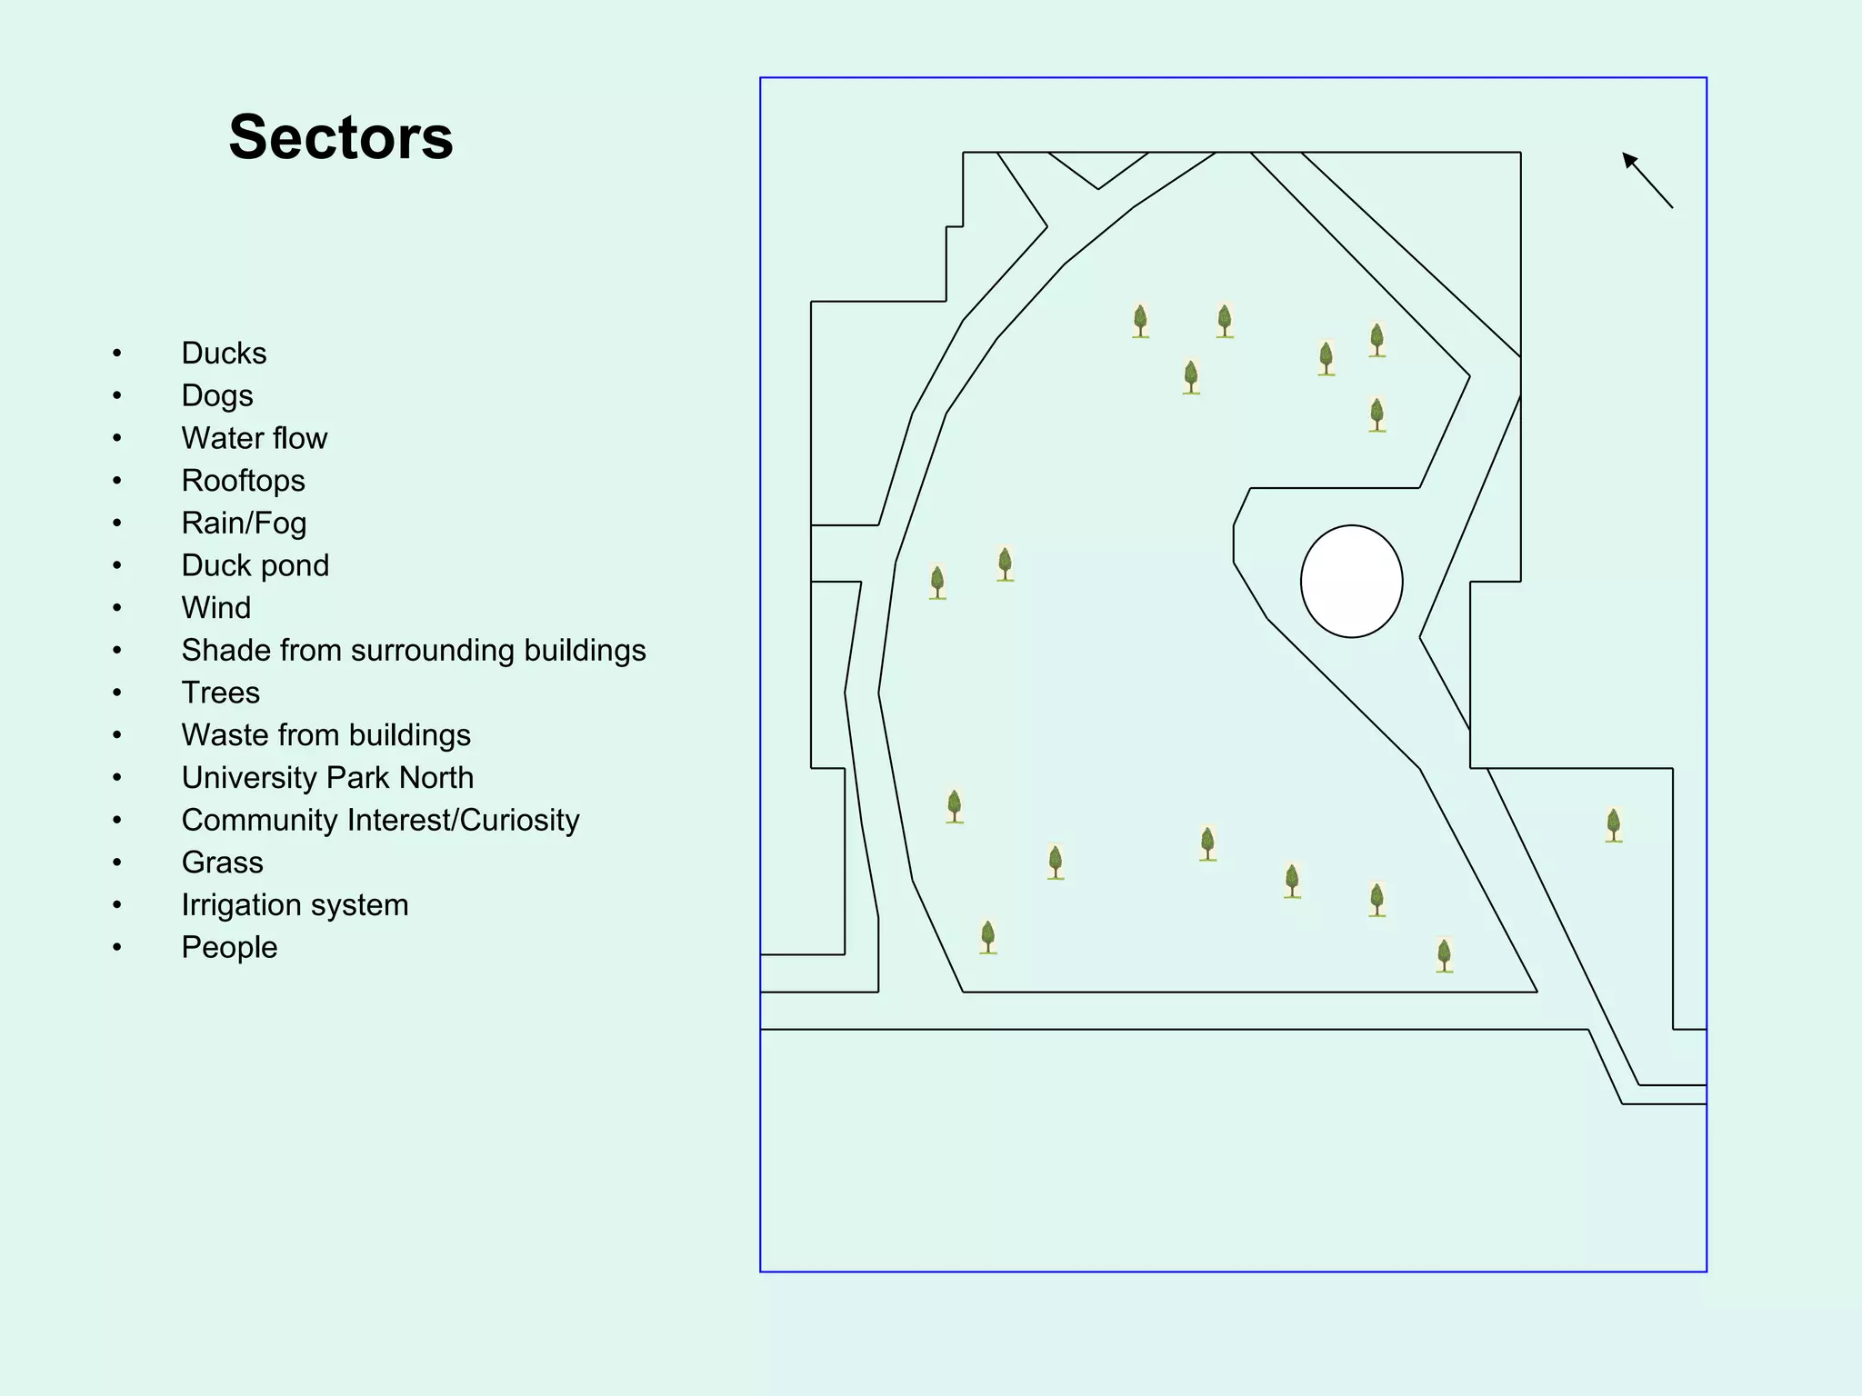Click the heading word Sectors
tap(341, 137)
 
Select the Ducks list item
tap(224, 353)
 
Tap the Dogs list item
tap(217, 395)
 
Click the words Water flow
tap(254, 438)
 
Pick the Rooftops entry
tap(243, 480)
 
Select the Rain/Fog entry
tap(244, 523)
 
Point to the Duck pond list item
tap(255, 565)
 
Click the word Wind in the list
tap(215, 607)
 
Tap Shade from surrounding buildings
tap(413, 650)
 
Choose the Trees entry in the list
tap(220, 693)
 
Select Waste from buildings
tap(325, 734)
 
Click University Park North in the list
tap(327, 777)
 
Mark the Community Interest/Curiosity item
tap(380, 820)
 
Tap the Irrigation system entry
tap(295, 904)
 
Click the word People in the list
tap(229, 947)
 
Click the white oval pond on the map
tap(1351, 582)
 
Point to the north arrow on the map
tap(1647, 180)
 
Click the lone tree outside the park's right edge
tap(1613, 825)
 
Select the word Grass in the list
tap(222, 862)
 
